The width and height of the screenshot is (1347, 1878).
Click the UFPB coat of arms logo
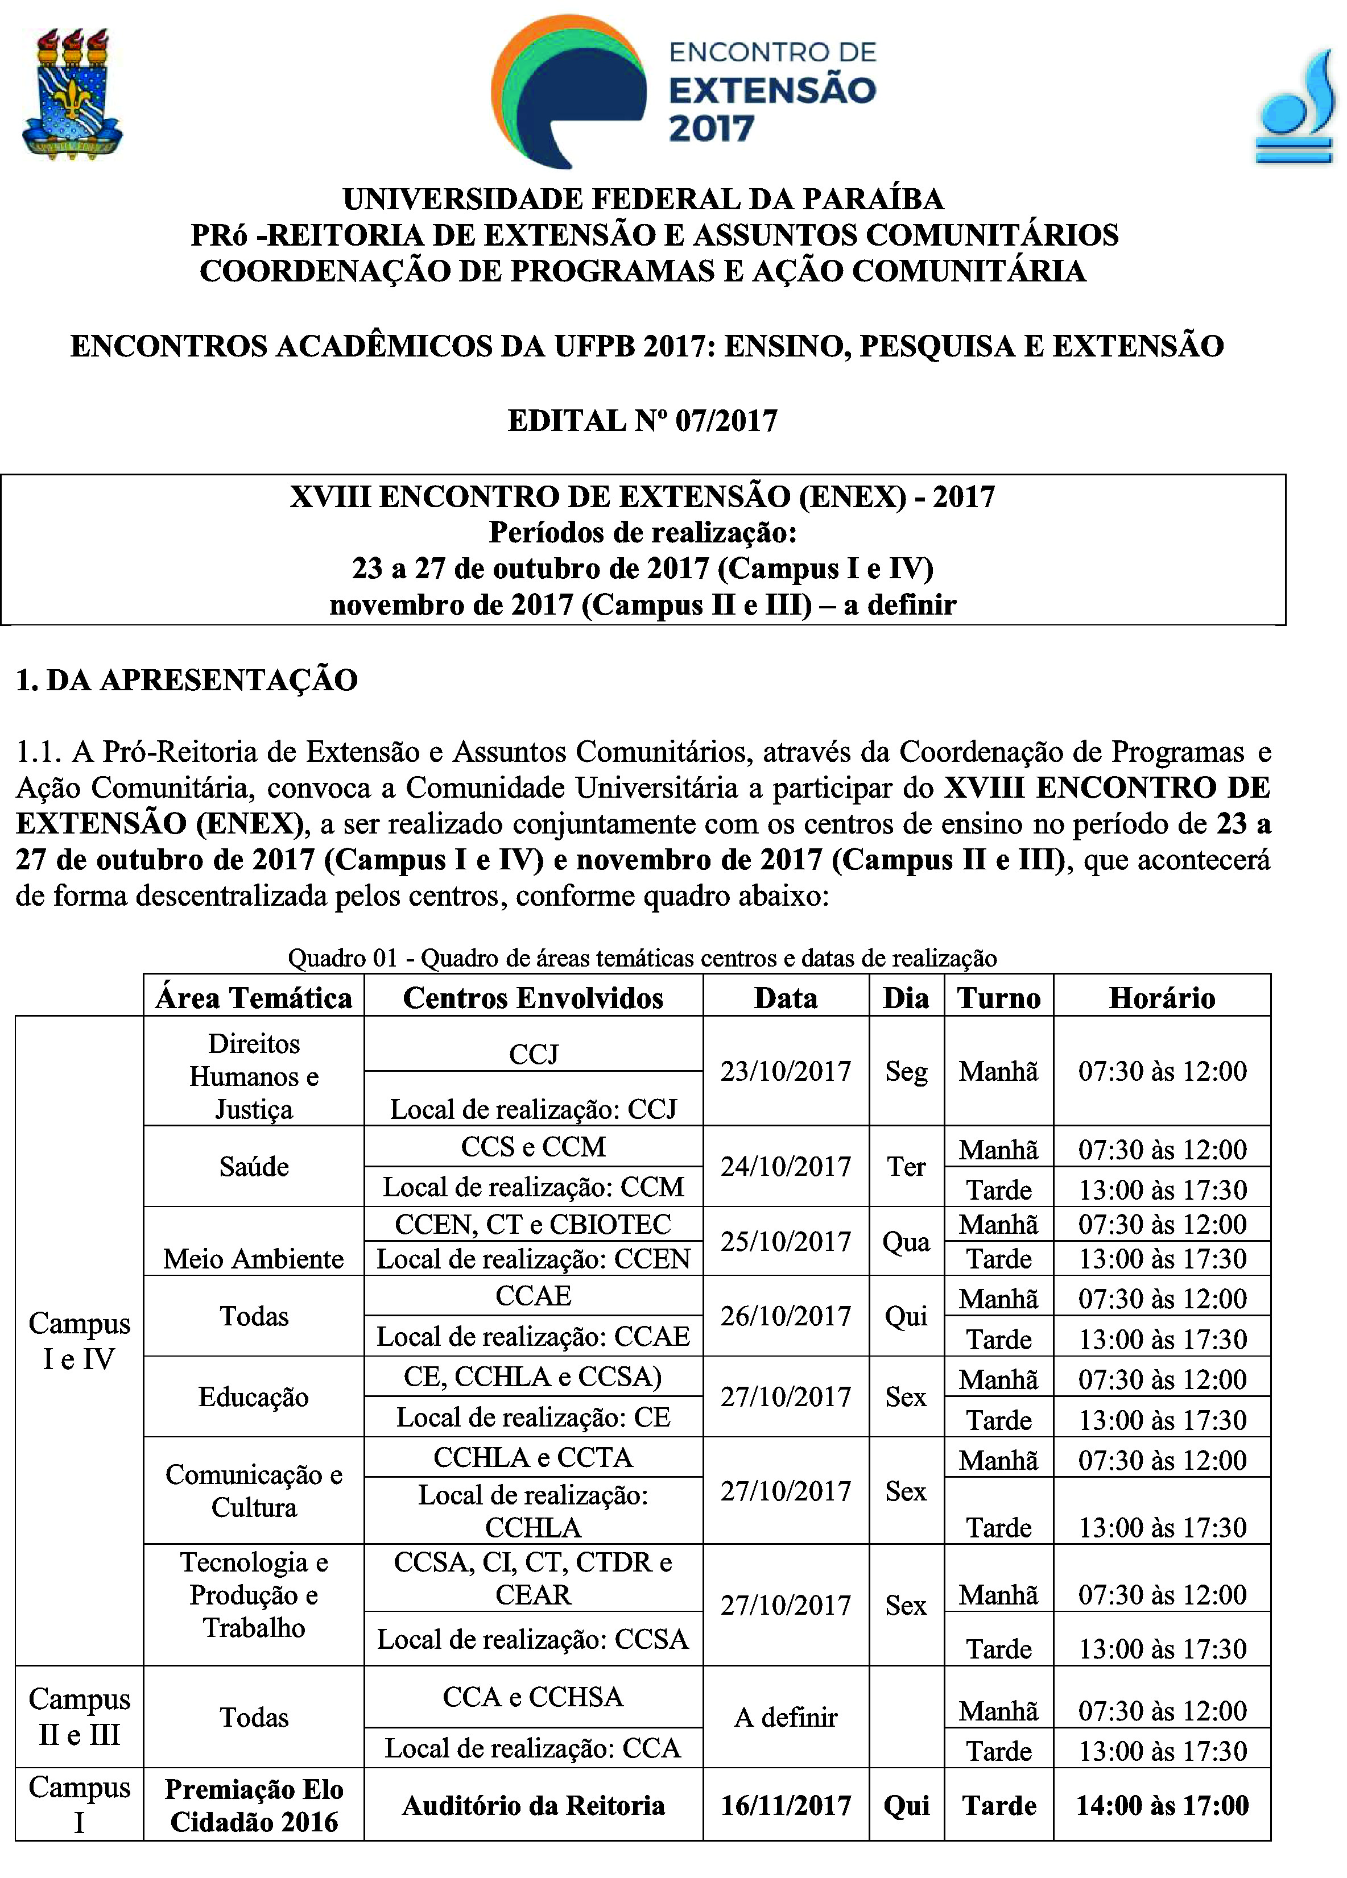(x=73, y=94)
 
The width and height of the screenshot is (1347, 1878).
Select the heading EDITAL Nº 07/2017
(x=642, y=421)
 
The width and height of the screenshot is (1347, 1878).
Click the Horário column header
(x=1162, y=998)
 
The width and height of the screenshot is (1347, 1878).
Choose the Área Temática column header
(x=254, y=998)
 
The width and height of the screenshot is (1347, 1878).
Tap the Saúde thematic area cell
(x=254, y=1167)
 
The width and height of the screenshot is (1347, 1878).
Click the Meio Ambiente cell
(x=254, y=1259)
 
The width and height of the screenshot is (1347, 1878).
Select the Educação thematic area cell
(x=254, y=1397)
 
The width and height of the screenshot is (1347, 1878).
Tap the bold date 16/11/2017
(x=786, y=1805)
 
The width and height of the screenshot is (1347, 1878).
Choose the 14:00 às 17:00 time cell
(x=1162, y=1805)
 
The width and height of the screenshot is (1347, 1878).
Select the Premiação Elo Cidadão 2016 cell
(x=254, y=1805)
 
